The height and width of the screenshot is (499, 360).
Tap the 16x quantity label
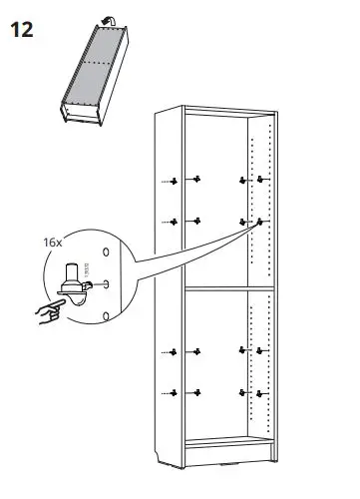click(52, 242)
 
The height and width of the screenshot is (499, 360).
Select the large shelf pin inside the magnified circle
click(72, 282)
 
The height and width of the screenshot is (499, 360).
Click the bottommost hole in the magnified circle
click(106, 317)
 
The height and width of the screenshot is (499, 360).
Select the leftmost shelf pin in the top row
click(175, 181)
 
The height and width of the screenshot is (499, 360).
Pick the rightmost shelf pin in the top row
click(261, 181)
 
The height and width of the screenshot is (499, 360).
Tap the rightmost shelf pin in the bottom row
click(261, 390)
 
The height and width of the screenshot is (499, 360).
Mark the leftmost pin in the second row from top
click(175, 221)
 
